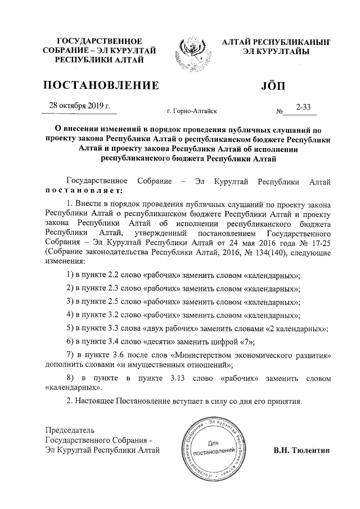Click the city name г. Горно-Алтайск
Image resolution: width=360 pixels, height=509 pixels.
[x=192, y=112]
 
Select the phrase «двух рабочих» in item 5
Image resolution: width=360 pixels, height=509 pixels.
[x=169, y=327]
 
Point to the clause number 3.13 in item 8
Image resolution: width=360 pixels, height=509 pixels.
[x=178, y=379]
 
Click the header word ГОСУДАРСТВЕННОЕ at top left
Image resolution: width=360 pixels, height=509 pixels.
[x=100, y=42]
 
